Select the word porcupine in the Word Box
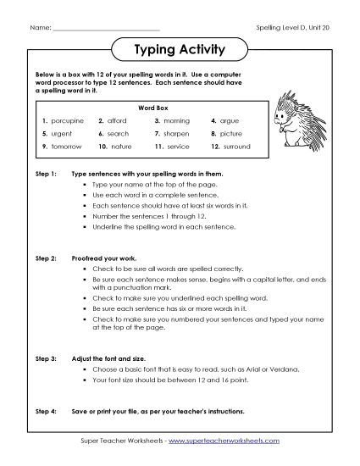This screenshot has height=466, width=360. click(x=68, y=121)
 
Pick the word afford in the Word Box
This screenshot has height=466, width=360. click(x=118, y=121)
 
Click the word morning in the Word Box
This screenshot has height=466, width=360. click(x=178, y=121)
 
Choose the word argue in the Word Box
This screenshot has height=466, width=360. click(x=230, y=121)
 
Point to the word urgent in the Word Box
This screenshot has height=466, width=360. click(x=64, y=134)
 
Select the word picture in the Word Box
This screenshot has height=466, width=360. click(x=231, y=134)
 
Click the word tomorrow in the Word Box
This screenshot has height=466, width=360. click(x=68, y=147)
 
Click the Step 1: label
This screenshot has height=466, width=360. click(x=46, y=173)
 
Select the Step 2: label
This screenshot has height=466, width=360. click(x=46, y=255)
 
